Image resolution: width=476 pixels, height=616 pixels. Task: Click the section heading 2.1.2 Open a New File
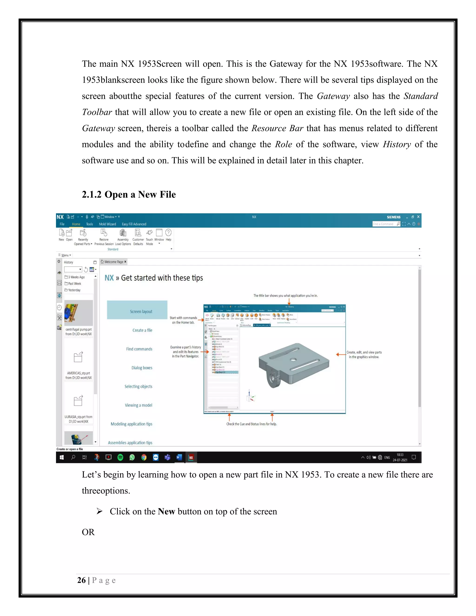[x=129, y=194]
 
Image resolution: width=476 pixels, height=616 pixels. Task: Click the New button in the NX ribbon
[x=61, y=235]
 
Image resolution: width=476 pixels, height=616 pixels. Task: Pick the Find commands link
[x=139, y=349]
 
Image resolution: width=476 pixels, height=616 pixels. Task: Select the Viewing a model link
[x=139, y=405]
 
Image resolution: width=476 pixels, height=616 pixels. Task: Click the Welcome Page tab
[x=114, y=262]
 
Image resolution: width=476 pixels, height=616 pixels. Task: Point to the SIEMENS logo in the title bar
[x=393, y=217]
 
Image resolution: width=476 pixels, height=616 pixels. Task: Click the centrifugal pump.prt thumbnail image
[x=78, y=313]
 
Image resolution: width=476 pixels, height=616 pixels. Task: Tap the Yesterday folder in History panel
[x=74, y=290]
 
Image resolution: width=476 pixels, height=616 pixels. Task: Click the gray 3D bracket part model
[x=293, y=364]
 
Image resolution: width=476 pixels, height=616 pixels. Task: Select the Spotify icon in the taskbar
[x=120, y=457]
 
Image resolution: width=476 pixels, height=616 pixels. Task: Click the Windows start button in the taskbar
[x=62, y=457]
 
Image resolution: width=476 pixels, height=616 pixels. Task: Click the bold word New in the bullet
[x=166, y=511]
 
